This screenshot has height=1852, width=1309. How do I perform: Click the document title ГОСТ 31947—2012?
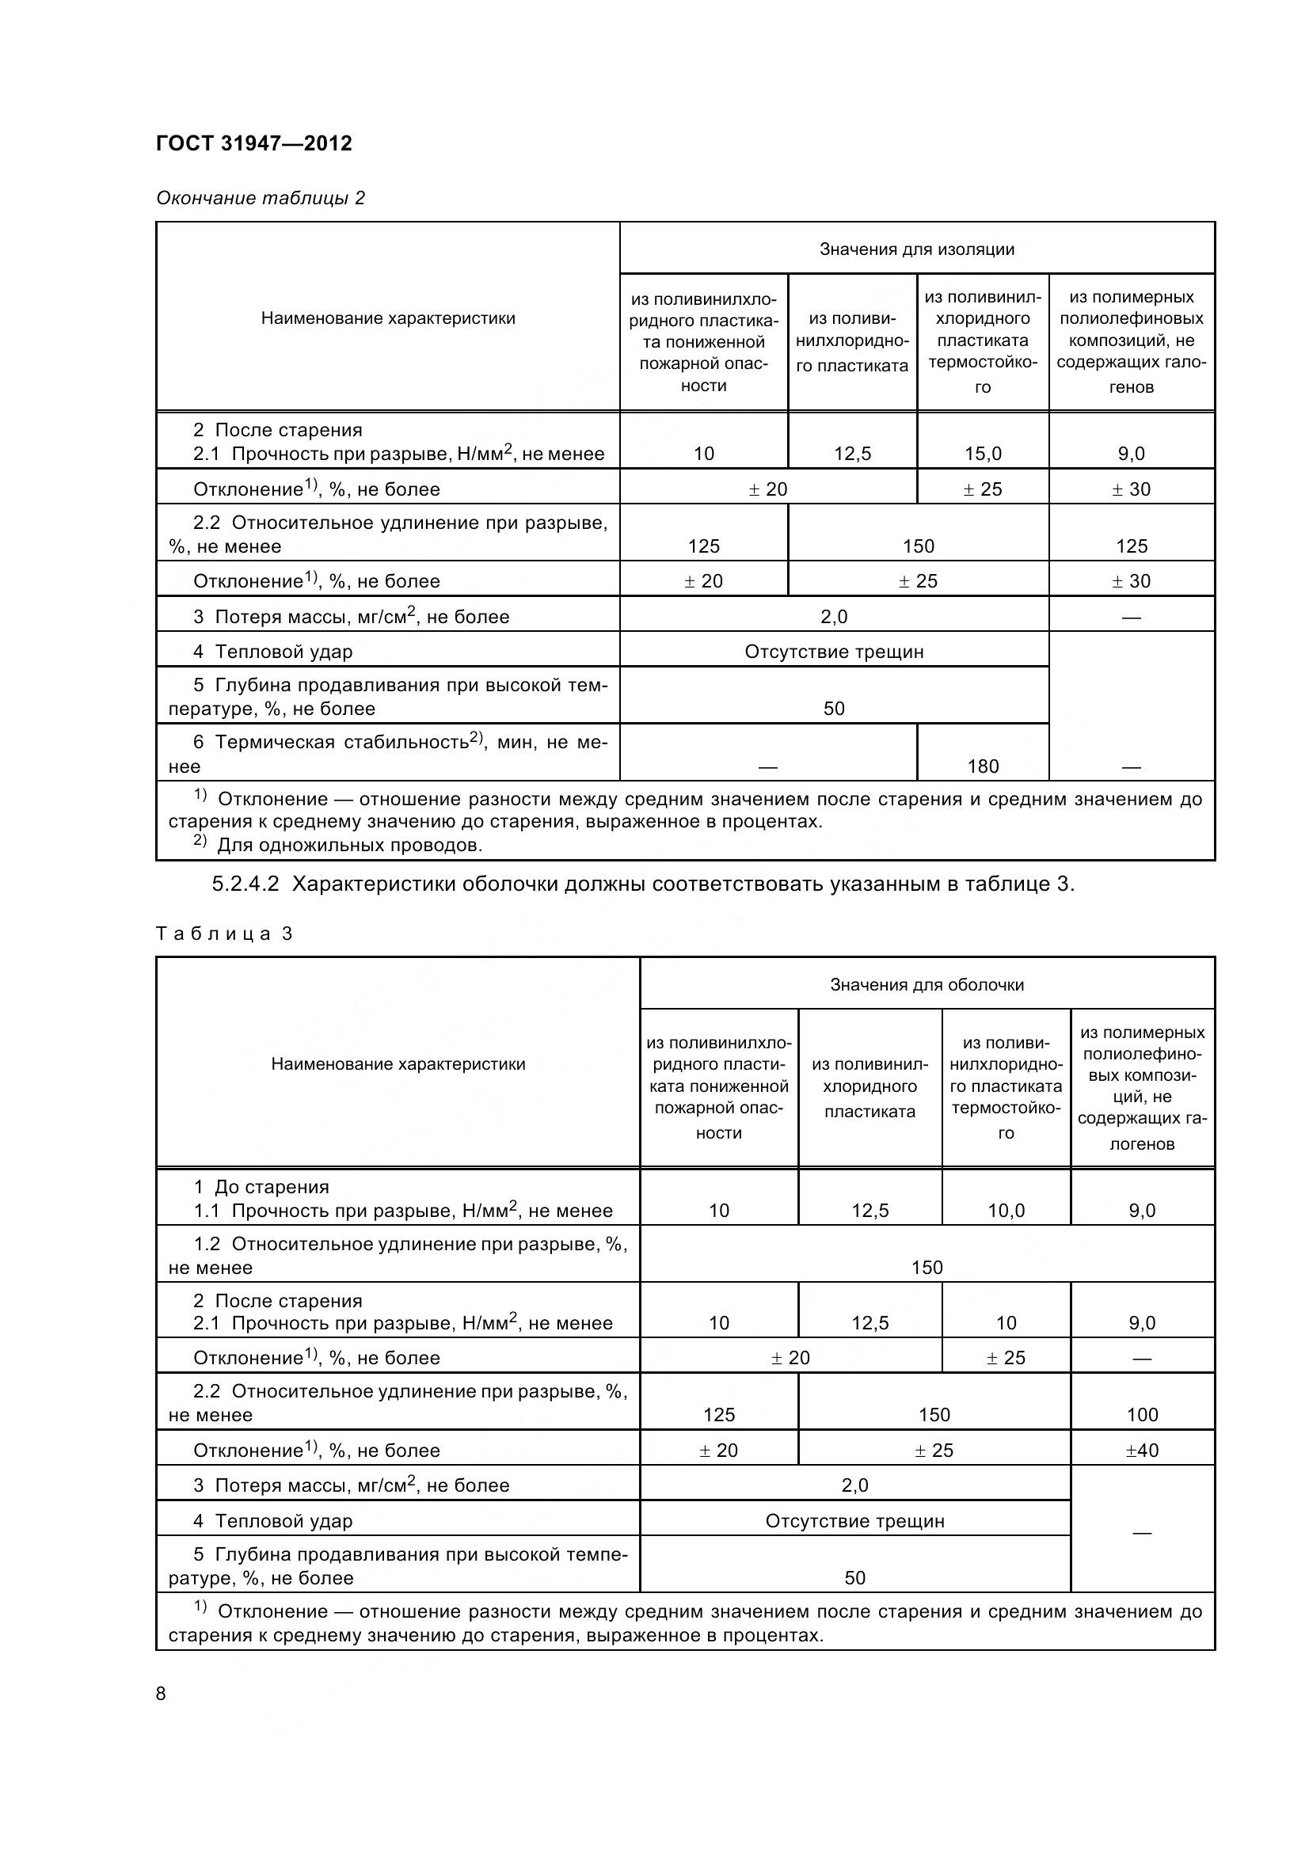pyautogui.click(x=254, y=143)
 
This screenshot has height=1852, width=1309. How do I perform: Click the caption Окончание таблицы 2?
pyautogui.click(x=261, y=198)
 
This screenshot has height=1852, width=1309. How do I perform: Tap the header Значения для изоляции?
pyautogui.click(x=917, y=249)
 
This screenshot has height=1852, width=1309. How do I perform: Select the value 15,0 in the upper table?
pyautogui.click(x=983, y=454)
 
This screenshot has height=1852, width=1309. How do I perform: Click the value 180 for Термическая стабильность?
pyautogui.click(x=983, y=766)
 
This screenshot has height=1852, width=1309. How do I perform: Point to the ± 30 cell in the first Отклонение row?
pyautogui.click(x=1131, y=489)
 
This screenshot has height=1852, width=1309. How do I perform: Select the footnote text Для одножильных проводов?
pyautogui.click(x=349, y=845)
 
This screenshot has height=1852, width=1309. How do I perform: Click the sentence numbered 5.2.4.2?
pyautogui.click(x=643, y=884)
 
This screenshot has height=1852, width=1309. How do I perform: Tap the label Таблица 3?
pyautogui.click(x=223, y=934)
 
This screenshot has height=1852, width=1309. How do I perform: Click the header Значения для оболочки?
pyautogui.click(x=927, y=984)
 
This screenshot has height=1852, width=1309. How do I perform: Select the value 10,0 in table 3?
pyautogui.click(x=1006, y=1210)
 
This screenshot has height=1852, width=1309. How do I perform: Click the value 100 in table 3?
pyautogui.click(x=1142, y=1414)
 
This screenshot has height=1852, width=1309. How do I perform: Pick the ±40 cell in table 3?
pyautogui.click(x=1142, y=1450)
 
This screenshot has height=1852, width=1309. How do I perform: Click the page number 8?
pyautogui.click(x=161, y=1693)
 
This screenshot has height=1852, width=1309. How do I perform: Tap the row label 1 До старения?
pyautogui.click(x=261, y=1187)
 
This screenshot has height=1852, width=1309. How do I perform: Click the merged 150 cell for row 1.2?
pyautogui.click(x=927, y=1267)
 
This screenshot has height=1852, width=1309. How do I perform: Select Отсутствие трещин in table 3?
pyautogui.click(x=854, y=1520)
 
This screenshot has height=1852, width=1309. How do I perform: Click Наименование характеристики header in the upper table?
pyautogui.click(x=388, y=318)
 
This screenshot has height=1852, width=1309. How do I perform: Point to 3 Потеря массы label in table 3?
pyautogui.click(x=351, y=1485)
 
